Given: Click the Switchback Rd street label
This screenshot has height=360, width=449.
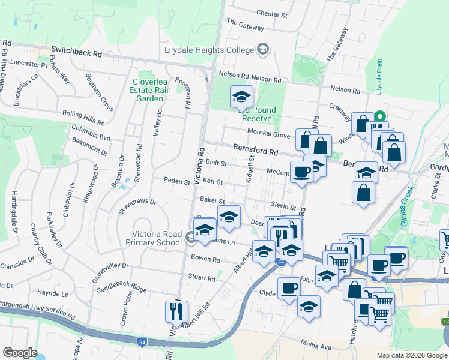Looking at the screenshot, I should tap(76, 52).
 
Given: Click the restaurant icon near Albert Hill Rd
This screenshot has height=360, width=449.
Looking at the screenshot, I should tap(177, 311).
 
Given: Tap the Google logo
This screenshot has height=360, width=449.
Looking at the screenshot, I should tap(20, 353).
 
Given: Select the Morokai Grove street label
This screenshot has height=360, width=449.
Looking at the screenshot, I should tap(266, 136).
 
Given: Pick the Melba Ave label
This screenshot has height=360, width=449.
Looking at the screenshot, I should tap(316, 347).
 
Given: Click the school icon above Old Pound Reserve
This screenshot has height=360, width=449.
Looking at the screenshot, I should tap(241, 97).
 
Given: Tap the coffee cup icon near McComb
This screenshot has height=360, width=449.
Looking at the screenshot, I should tap(301, 172).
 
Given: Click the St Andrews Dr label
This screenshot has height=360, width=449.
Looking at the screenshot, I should tap(137, 207).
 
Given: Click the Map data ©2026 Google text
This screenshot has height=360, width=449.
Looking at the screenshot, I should tap(411, 355).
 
